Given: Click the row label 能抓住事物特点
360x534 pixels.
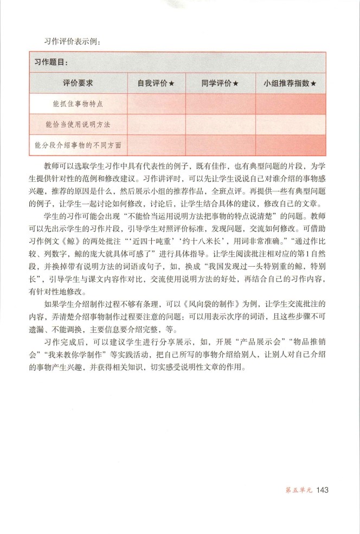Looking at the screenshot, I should point(78,104).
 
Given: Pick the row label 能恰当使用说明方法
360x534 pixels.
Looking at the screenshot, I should point(78,124).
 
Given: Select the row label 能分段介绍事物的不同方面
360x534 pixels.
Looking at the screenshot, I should point(78,145).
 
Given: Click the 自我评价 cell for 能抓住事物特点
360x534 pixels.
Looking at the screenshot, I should point(156,104).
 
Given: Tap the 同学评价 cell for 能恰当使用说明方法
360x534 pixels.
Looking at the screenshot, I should point(220,124).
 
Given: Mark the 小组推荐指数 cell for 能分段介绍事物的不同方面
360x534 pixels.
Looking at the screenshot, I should point(291,145).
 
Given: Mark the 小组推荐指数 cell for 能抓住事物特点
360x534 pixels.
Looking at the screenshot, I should point(291,104).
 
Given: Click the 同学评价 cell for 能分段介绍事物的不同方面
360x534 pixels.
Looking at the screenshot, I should point(220,145).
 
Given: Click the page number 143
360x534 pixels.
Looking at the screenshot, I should point(322,491).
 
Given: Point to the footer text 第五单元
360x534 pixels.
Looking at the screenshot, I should point(299,492).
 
